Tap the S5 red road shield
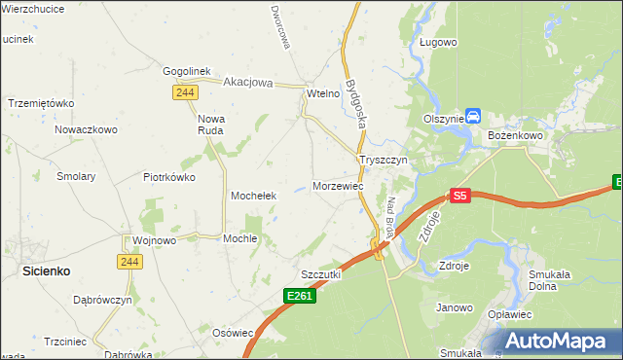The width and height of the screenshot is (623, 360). coord(460,196)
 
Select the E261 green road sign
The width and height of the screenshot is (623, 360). coord(301,295)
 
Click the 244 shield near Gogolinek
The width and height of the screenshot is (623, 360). coord(185,91)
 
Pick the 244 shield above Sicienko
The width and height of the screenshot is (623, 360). coord(128,261)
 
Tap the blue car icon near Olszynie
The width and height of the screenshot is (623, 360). coord(472,116)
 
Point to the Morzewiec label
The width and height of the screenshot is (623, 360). coord(338,185)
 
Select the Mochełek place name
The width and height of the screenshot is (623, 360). coord(254,196)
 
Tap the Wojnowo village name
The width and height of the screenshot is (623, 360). coord(154,240)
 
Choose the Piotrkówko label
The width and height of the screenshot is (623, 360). coord(169,177)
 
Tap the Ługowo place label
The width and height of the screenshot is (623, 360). coord(438,43)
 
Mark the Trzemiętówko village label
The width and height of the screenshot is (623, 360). coord(41,103)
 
